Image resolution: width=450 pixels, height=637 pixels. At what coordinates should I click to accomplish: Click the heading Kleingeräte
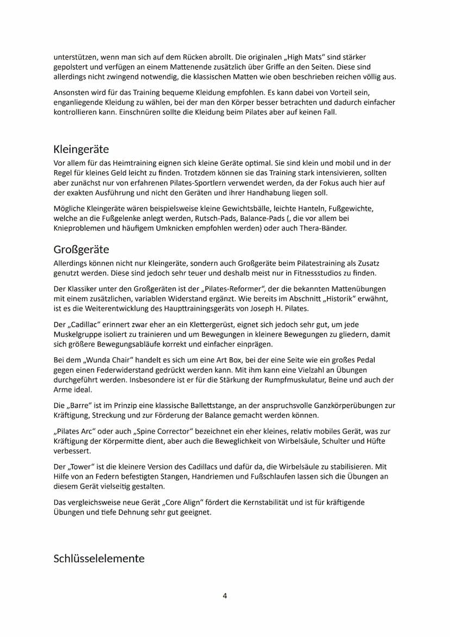coord(82,150)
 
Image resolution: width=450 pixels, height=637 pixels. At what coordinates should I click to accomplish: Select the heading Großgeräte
coord(82,250)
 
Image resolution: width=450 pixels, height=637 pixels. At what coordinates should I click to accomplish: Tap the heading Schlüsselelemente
coord(99,559)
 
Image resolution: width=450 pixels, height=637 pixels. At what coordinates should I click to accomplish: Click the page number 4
coord(225,596)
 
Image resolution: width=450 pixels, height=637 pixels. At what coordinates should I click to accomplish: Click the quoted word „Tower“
coord(83,467)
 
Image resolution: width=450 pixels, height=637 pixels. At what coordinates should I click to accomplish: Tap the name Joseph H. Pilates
coord(278,309)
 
